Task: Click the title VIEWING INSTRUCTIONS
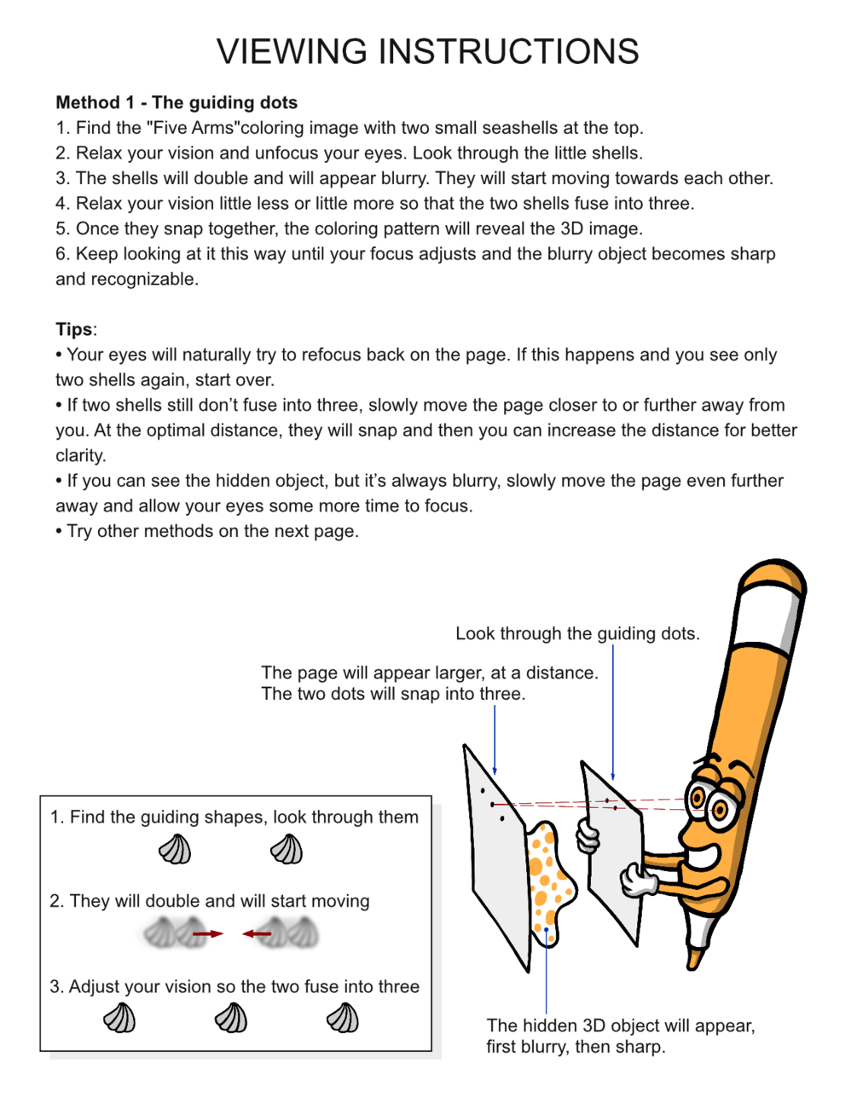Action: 427,52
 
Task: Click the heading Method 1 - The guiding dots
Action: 177,103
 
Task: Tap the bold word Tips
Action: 74,330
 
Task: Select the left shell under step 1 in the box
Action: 175,850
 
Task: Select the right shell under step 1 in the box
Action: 287,850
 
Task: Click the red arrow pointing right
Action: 207,934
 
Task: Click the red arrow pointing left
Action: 257,934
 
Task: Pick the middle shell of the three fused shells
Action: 231,1018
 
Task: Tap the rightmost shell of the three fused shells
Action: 343,1018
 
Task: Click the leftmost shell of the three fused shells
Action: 119,1018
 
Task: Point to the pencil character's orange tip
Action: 696,958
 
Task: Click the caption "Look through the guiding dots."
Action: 577,634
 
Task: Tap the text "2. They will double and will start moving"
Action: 210,902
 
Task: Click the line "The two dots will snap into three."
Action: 393,694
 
